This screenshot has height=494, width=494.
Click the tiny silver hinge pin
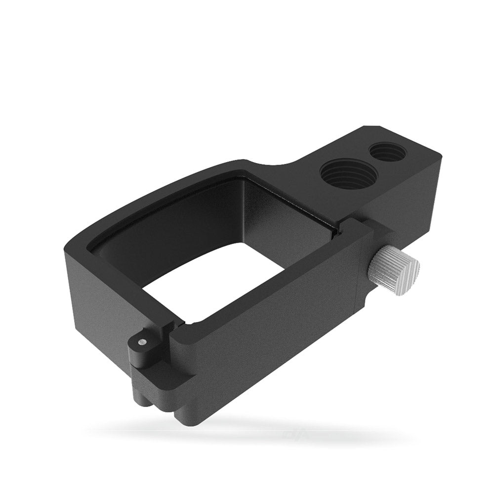click(141, 341)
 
